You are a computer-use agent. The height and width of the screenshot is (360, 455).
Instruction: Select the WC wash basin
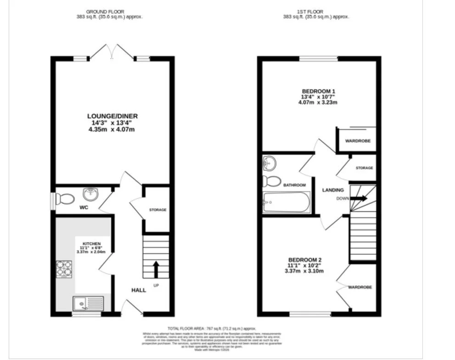tap(90, 194)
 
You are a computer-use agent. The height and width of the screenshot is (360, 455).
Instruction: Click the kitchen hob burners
tap(64, 270)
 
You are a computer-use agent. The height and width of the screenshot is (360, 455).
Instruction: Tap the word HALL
tap(139, 290)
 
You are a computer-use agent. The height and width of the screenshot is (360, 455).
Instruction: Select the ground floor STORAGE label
tap(157, 210)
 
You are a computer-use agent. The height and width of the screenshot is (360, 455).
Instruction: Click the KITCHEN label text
tap(91, 243)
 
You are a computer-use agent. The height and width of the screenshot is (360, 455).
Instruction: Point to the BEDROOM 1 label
tap(318, 91)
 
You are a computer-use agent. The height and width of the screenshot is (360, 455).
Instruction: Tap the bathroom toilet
tap(272, 181)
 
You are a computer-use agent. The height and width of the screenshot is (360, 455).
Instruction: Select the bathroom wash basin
tap(270, 163)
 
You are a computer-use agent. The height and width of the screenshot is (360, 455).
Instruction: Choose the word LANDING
tap(333, 190)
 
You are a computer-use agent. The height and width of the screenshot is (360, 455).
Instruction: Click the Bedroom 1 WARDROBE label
tap(358, 141)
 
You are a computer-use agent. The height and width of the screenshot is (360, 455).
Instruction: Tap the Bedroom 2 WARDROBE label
tap(360, 287)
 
